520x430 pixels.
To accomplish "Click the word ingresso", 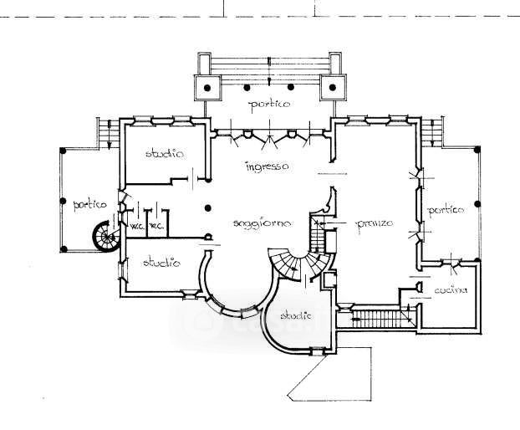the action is click(268, 166).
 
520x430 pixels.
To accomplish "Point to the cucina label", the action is click(450, 290).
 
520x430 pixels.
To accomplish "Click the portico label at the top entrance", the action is click(269, 105).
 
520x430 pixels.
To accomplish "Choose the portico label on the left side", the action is click(89, 203).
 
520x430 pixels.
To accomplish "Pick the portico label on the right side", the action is click(446, 211).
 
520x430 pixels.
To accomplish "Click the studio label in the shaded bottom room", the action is click(296, 315).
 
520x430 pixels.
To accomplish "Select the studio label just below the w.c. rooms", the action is click(161, 264).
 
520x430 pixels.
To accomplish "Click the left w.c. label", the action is click(135, 227).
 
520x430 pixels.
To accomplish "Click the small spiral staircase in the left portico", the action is click(107, 238).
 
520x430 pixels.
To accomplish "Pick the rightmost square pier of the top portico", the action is click(333, 85).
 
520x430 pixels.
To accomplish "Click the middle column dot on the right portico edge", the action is click(477, 203).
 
